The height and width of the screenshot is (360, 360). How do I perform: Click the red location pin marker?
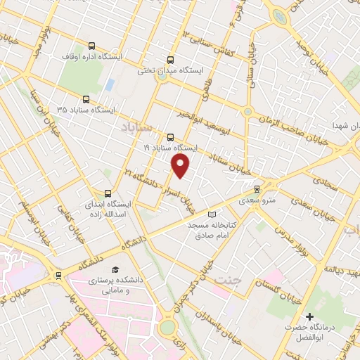pyautogui.click(x=181, y=166)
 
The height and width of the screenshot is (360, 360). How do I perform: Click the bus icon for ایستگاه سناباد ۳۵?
pyautogui.click(x=86, y=99)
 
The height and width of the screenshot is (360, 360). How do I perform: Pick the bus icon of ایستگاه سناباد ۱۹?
pyautogui.click(x=170, y=137)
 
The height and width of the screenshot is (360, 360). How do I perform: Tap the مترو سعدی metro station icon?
pyautogui.click(x=257, y=188)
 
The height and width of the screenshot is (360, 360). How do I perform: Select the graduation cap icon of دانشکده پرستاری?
pyautogui.click(x=115, y=269)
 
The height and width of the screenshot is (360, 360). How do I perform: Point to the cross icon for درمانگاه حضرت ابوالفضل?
pyautogui.click(x=309, y=317)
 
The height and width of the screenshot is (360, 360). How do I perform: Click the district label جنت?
pyautogui.click(x=227, y=280)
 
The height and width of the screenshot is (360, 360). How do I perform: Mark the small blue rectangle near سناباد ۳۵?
pyautogui.click(x=110, y=85)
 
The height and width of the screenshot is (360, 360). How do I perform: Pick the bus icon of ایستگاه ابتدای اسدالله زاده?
pyautogui.click(x=108, y=193)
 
